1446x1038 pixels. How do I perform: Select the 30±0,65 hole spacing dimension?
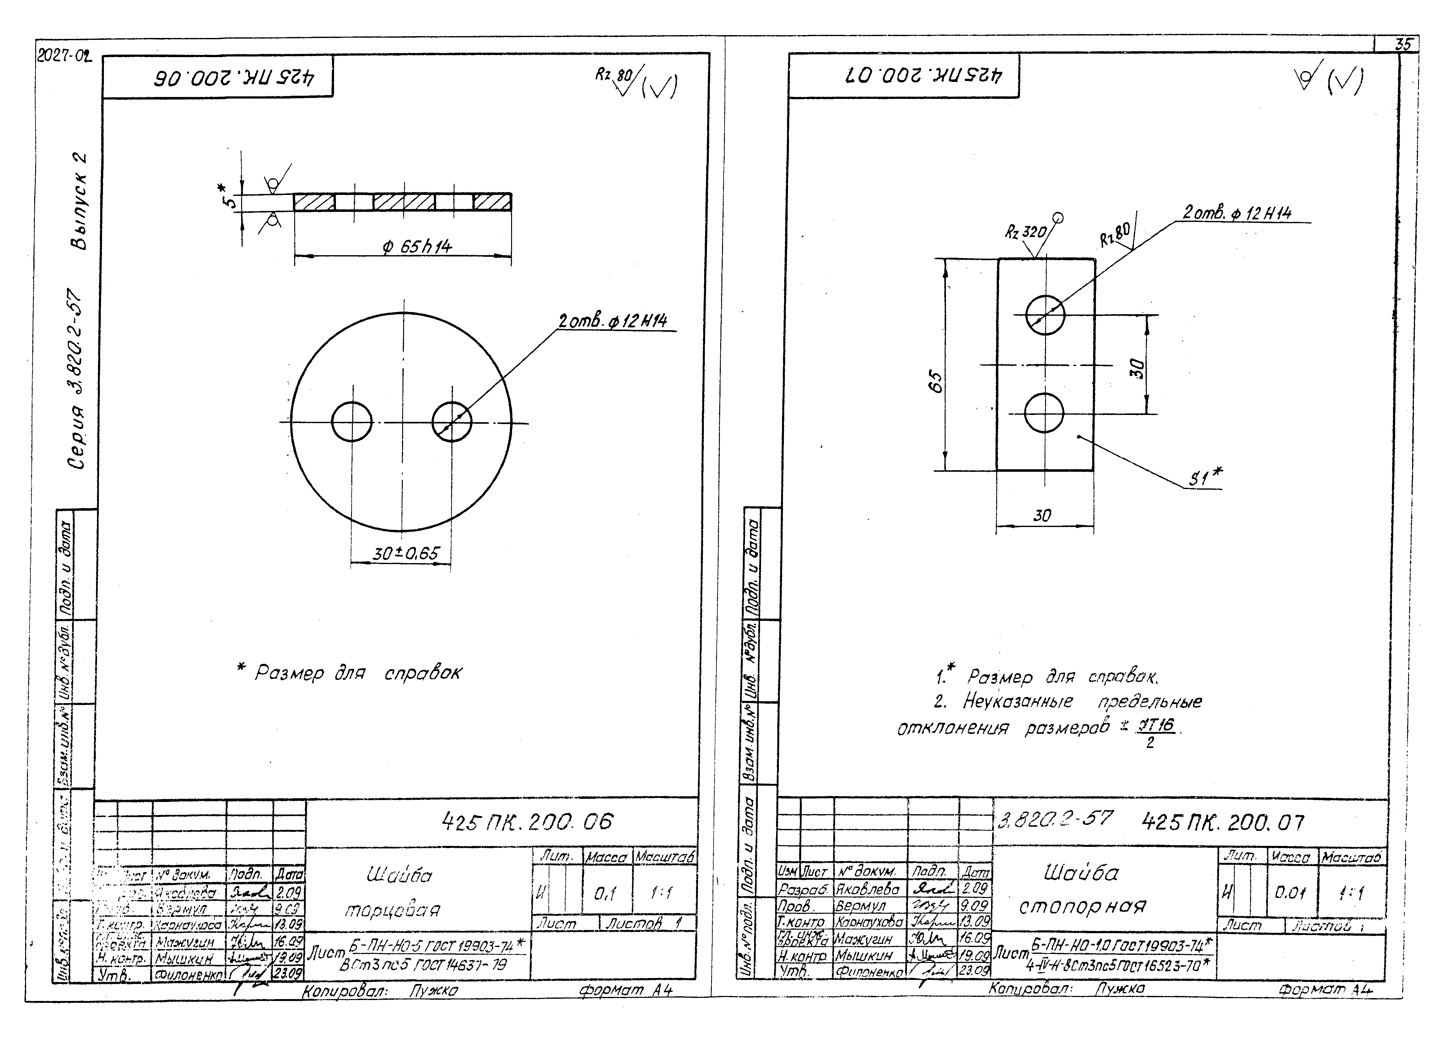[406, 553]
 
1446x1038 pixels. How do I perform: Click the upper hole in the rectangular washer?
[1045, 314]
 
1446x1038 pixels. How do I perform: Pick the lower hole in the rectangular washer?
[1044, 412]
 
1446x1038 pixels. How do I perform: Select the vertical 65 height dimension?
[936, 381]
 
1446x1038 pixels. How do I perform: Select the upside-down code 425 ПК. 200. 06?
[235, 78]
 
